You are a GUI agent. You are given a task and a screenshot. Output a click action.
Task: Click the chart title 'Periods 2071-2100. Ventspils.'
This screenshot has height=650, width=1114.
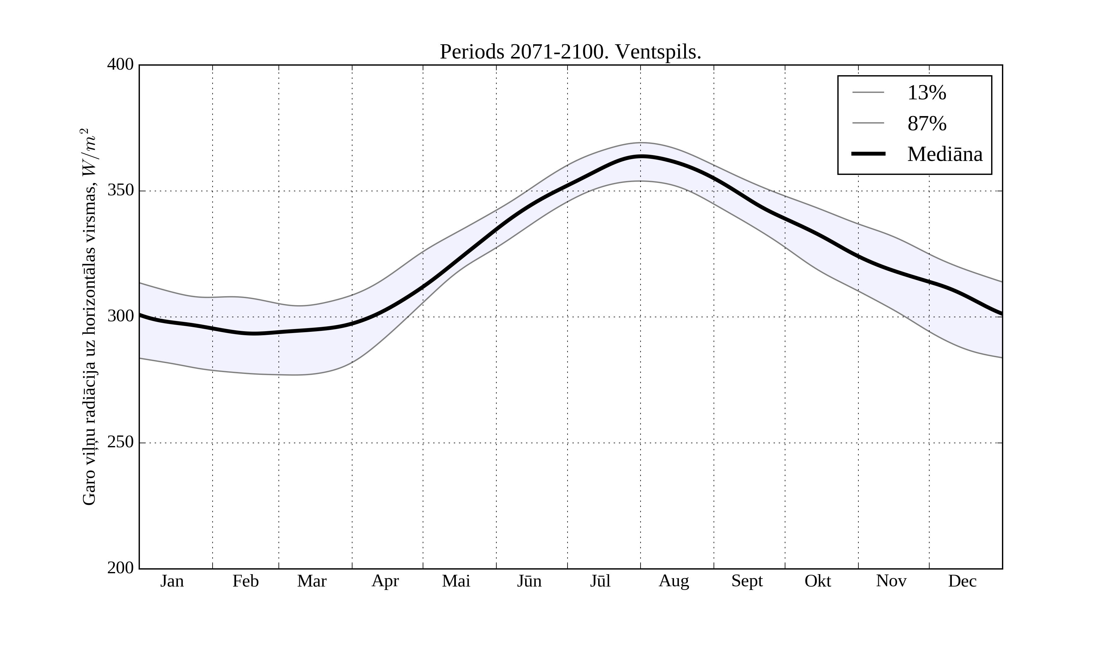click(x=570, y=52)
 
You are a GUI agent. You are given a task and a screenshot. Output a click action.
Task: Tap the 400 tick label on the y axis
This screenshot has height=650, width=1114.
click(x=120, y=65)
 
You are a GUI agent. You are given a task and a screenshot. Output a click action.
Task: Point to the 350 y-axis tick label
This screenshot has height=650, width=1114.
click(x=120, y=191)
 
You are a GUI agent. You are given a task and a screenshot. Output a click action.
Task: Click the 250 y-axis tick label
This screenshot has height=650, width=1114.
click(x=120, y=442)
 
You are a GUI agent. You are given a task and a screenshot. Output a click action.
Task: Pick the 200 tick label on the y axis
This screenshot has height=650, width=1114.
click(x=120, y=568)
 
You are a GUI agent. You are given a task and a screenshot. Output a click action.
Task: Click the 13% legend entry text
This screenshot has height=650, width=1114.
click(x=926, y=93)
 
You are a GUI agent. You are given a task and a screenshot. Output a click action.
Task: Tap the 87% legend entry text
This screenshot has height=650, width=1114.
click(x=926, y=123)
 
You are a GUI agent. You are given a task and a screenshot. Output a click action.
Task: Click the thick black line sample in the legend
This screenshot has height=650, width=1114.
click(x=868, y=154)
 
